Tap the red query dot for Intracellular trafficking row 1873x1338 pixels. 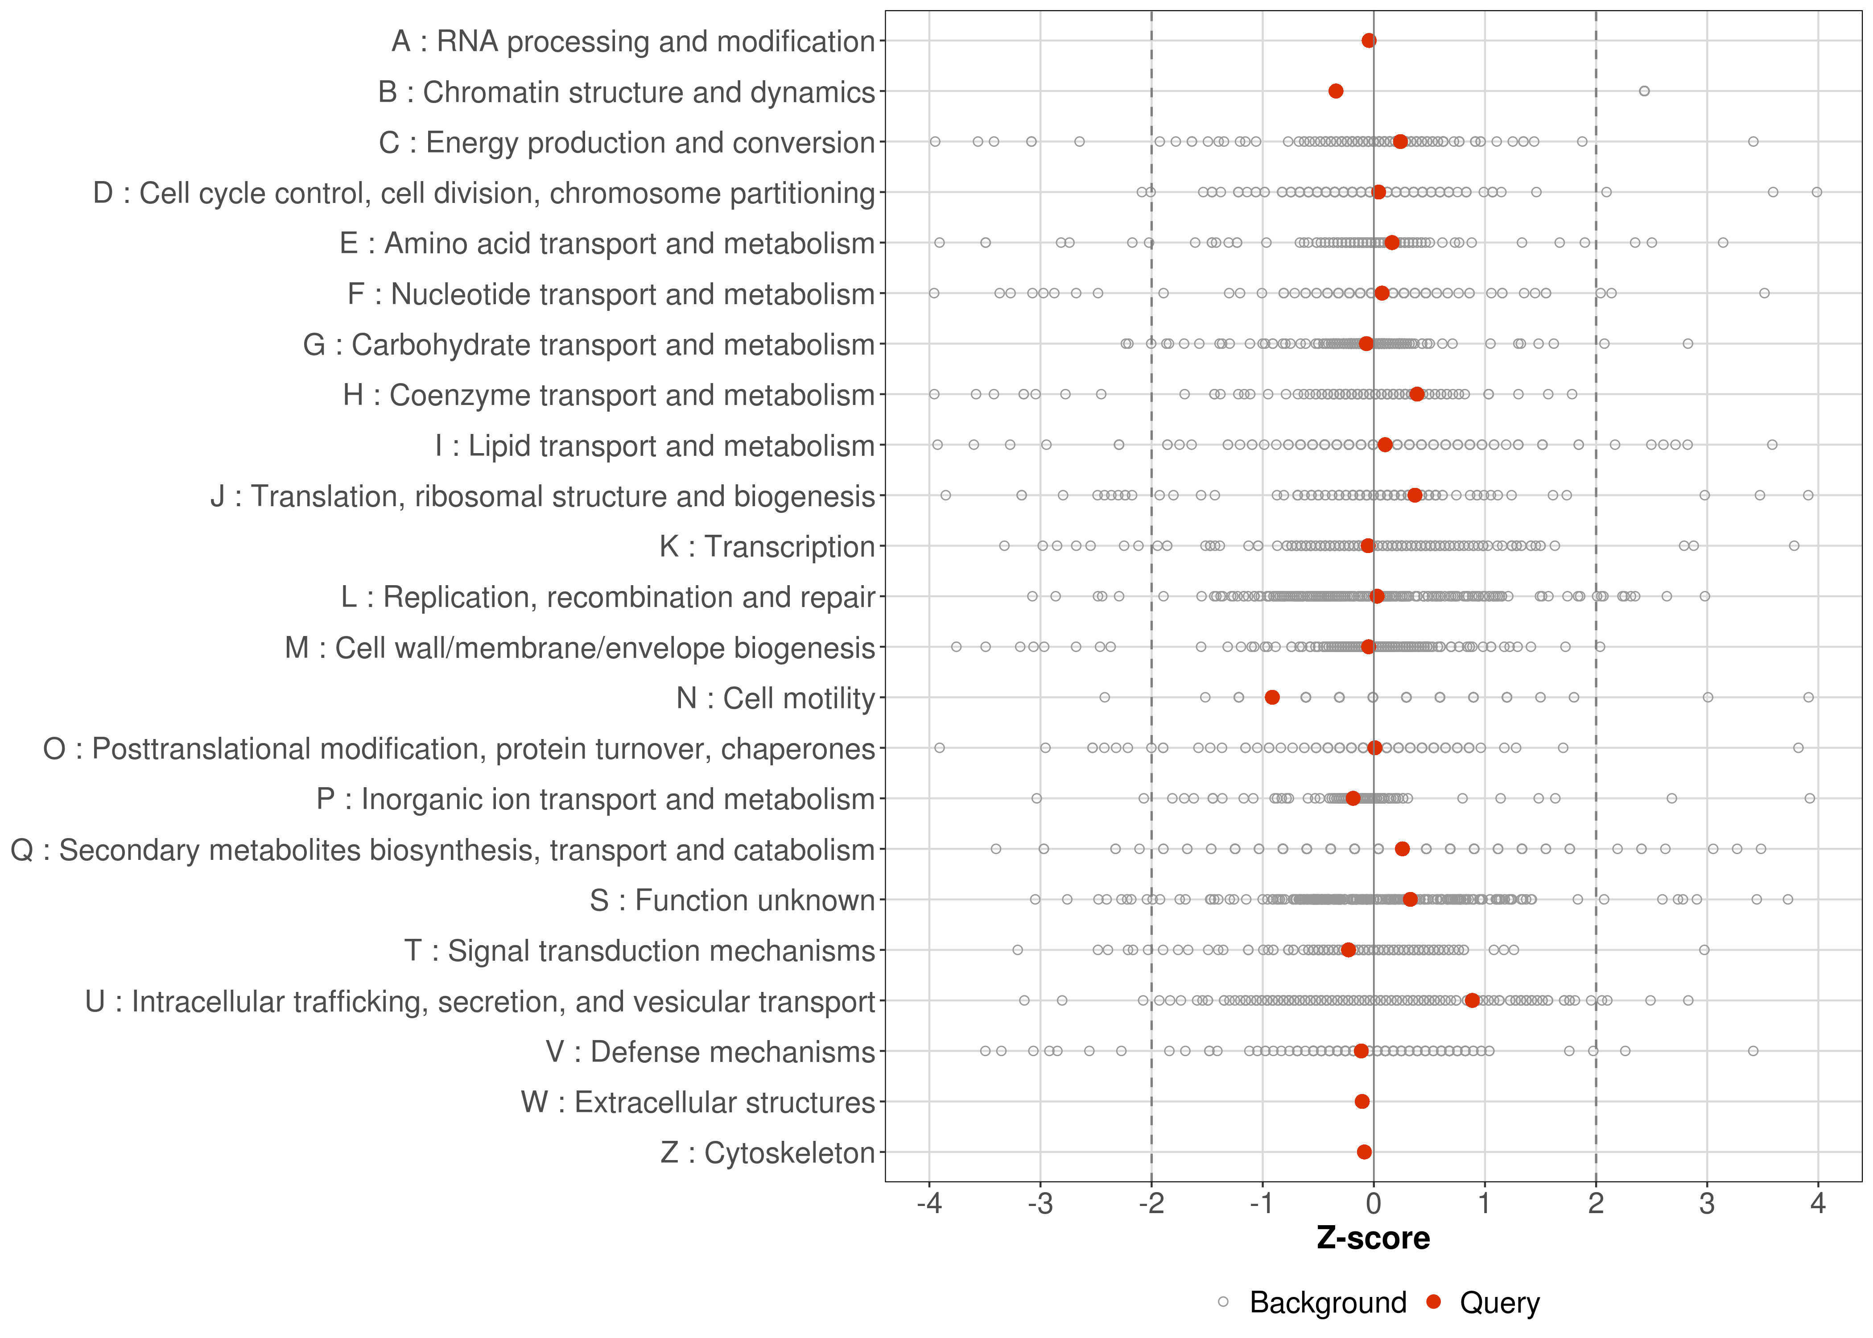(x=1472, y=1001)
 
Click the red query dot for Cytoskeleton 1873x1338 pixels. (x=1364, y=1152)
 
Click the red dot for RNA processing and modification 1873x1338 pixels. (x=1369, y=41)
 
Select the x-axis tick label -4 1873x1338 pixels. (x=929, y=1205)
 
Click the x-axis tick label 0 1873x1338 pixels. (x=1373, y=1205)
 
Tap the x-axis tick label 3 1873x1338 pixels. (x=1707, y=1205)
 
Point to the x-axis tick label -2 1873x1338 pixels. (x=1151, y=1205)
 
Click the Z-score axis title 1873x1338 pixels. (x=1373, y=1238)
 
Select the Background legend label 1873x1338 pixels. (x=1328, y=1303)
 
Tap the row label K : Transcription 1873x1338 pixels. (x=767, y=546)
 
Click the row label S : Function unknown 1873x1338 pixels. (x=732, y=900)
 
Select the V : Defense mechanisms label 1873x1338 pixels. (x=710, y=1052)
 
